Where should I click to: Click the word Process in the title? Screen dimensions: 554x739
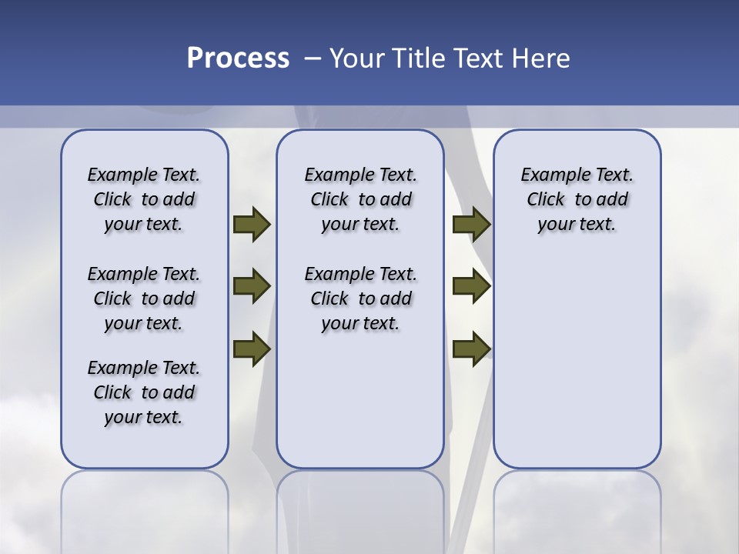238,58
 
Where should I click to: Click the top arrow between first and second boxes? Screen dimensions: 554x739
251,225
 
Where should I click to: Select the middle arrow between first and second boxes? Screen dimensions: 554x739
251,287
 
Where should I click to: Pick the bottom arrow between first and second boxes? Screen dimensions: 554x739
251,349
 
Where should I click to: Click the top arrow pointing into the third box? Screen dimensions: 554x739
471,225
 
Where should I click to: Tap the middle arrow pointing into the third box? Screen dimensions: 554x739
471,287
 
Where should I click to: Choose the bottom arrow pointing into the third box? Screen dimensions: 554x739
471,349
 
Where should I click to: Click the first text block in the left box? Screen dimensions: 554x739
144,199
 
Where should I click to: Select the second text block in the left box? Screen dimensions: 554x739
144,299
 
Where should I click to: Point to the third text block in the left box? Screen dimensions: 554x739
144,392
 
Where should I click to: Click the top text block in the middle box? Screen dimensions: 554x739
360,199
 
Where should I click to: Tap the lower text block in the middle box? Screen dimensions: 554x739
360,299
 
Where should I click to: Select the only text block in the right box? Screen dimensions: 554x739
577,199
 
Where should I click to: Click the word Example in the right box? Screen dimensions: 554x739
548,175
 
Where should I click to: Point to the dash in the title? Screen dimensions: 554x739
312,58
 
